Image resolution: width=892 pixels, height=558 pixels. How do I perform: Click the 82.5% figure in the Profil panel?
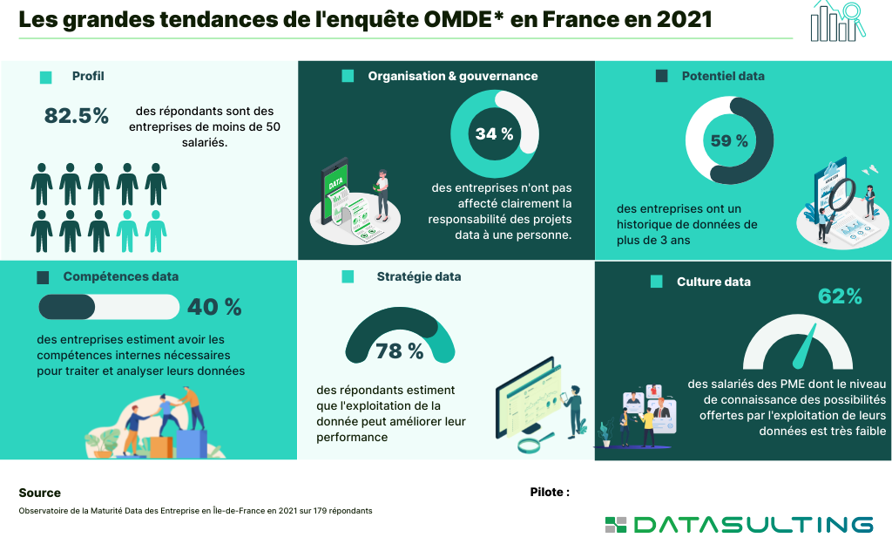pyautogui.click(x=77, y=116)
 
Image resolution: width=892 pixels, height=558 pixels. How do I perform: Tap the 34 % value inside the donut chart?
pyautogui.click(x=494, y=134)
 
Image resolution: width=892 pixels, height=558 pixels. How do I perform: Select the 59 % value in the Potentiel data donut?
pyautogui.click(x=729, y=140)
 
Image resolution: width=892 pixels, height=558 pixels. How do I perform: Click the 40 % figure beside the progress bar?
pyautogui.click(x=214, y=307)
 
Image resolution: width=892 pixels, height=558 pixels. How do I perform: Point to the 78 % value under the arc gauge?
pyautogui.click(x=400, y=351)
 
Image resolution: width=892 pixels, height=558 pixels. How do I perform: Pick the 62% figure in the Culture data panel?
pyautogui.click(x=840, y=296)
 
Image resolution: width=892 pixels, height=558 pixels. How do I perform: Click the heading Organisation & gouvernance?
pyautogui.click(x=452, y=76)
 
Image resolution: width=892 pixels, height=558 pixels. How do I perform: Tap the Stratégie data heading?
pyautogui.click(x=419, y=276)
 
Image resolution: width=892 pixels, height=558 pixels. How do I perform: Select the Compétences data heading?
pyautogui.click(x=120, y=276)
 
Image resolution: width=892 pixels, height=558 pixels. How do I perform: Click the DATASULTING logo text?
pyautogui.click(x=753, y=524)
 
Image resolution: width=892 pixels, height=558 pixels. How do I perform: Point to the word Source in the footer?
pyautogui.click(x=40, y=493)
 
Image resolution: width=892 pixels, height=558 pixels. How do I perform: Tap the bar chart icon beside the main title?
pyautogui.click(x=832, y=21)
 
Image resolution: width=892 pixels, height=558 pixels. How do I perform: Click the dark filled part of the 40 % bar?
pyautogui.click(x=67, y=307)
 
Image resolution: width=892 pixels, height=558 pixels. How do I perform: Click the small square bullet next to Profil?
pyautogui.click(x=46, y=77)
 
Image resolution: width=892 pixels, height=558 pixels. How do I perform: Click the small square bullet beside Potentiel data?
pyautogui.click(x=662, y=77)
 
